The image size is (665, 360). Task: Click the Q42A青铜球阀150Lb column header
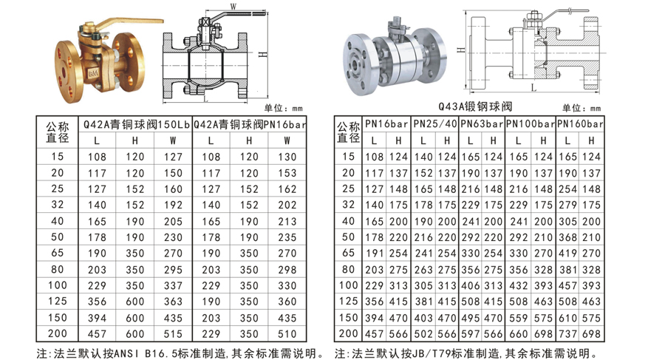pos(136,124)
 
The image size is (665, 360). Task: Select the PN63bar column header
pos(482,124)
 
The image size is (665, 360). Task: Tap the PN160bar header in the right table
pos(580,124)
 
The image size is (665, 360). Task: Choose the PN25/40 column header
pos(435,124)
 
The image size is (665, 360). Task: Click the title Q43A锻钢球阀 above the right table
pos(475,106)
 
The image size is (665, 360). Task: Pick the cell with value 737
pos(567,334)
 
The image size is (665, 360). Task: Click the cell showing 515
pos(173,334)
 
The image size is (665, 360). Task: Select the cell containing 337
pos(173,285)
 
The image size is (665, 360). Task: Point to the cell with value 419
pos(567,254)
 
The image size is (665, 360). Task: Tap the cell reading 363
pos(173,302)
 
